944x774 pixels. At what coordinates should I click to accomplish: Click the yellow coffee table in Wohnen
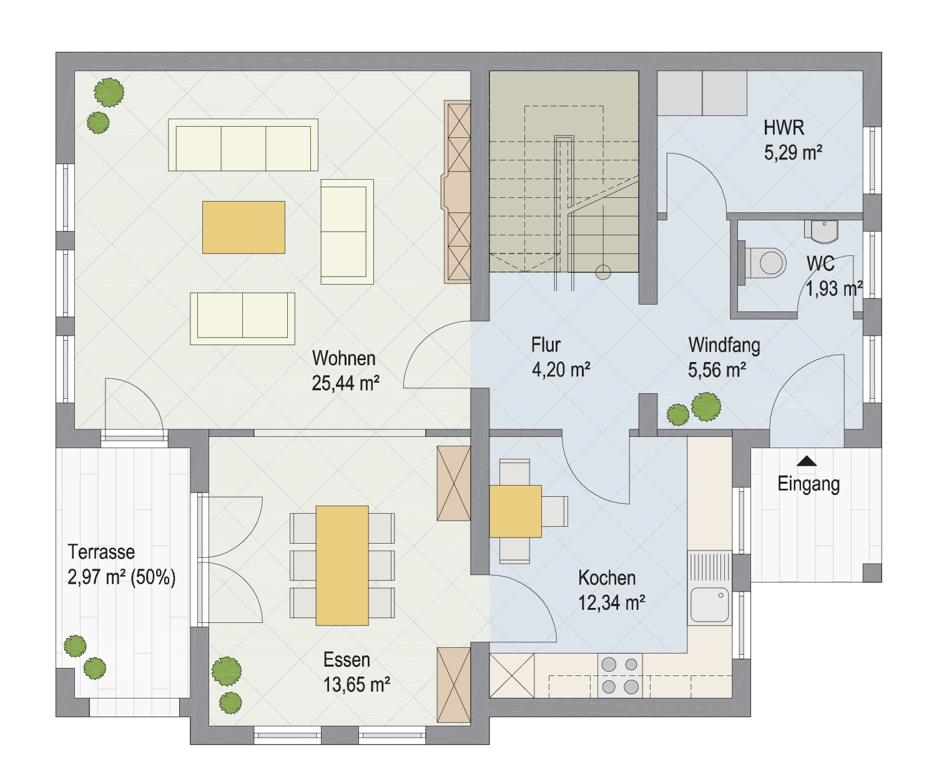pyautogui.click(x=243, y=227)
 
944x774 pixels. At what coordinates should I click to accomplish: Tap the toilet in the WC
pyautogui.click(x=762, y=263)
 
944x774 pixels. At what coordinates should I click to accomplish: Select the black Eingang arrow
pyautogui.click(x=807, y=461)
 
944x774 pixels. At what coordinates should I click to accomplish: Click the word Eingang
pyautogui.click(x=809, y=484)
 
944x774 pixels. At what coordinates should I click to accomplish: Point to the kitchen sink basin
pyautogui.click(x=709, y=605)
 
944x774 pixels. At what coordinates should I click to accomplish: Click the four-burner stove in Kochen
pyautogui.click(x=620, y=675)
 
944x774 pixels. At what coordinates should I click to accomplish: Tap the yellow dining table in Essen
pyautogui.click(x=342, y=566)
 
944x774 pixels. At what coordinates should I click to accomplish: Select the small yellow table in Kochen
pyautogui.click(x=515, y=511)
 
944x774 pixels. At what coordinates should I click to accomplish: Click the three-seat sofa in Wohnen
pyautogui.click(x=243, y=145)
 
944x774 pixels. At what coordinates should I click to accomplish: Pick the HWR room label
pyautogui.click(x=784, y=128)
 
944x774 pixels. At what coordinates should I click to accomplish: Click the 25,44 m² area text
pyautogui.click(x=345, y=383)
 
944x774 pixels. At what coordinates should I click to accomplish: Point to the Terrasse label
pyautogui.click(x=101, y=552)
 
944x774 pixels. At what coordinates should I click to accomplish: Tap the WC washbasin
pyautogui.click(x=822, y=232)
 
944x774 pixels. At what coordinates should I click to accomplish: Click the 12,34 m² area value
pyautogui.click(x=611, y=602)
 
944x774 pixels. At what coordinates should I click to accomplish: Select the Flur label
pyautogui.click(x=546, y=345)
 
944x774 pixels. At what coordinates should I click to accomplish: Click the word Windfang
pyautogui.click(x=724, y=345)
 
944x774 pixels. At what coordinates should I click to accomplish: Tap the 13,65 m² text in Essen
pyautogui.click(x=356, y=685)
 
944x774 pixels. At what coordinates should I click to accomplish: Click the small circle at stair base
pyautogui.click(x=603, y=272)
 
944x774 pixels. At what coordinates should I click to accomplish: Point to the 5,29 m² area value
pyautogui.click(x=793, y=153)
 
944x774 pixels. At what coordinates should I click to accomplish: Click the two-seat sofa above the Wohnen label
pyautogui.click(x=242, y=318)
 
